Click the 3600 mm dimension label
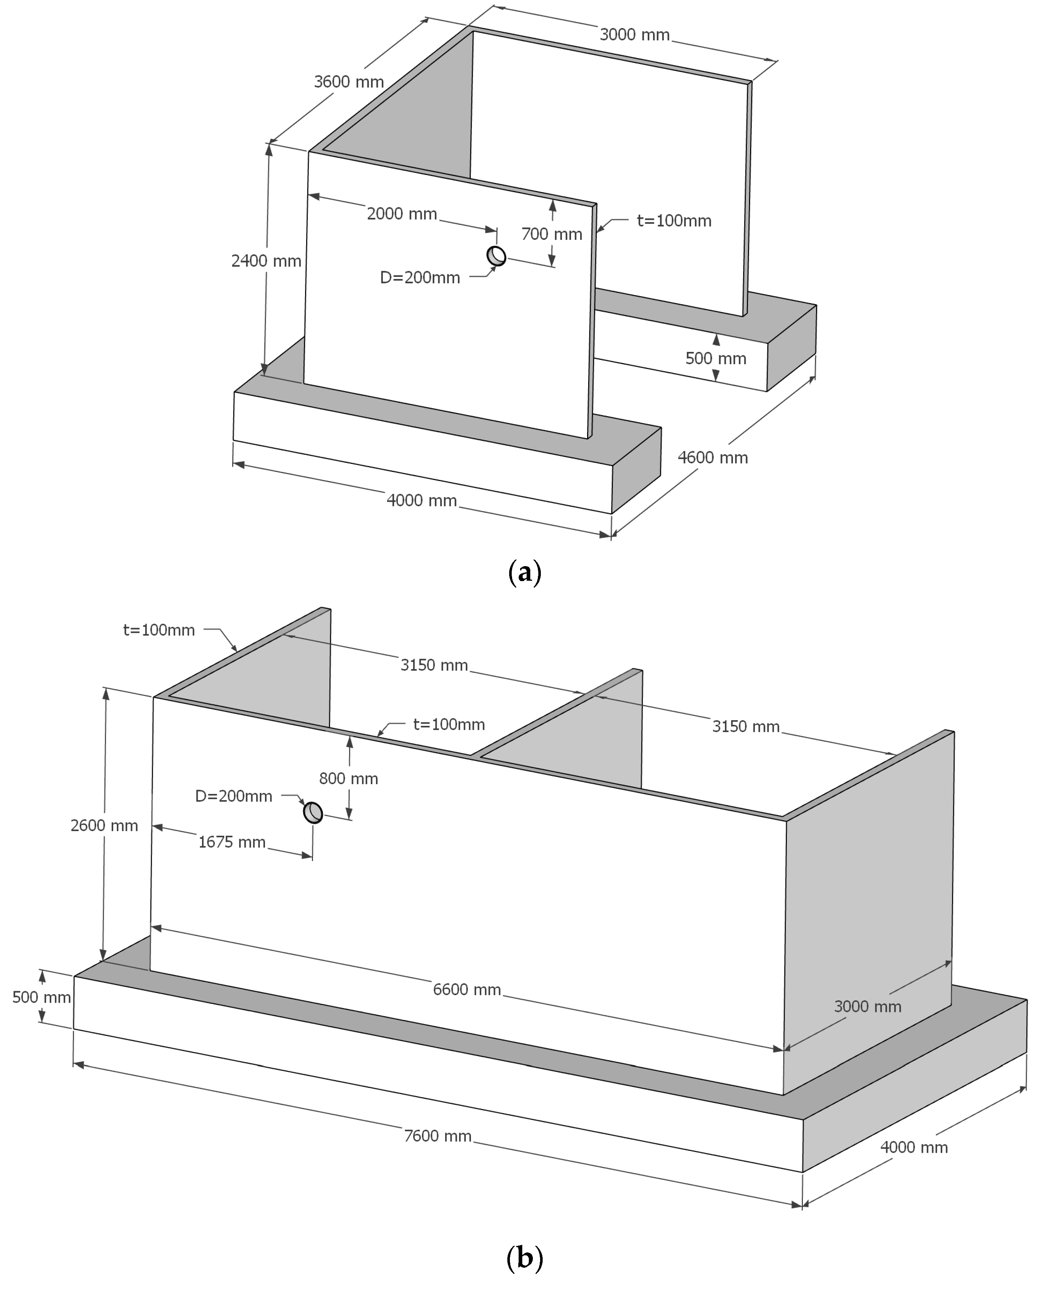tap(349, 82)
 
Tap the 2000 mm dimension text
tap(401, 214)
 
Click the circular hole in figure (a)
tap(496, 256)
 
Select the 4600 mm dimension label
tap(713, 457)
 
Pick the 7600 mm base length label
tap(437, 1136)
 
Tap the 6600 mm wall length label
tap(467, 989)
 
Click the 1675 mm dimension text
tap(232, 842)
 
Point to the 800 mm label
tap(348, 778)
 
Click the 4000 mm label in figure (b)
tap(914, 1147)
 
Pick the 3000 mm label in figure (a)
tap(634, 35)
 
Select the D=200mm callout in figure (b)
tap(234, 796)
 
